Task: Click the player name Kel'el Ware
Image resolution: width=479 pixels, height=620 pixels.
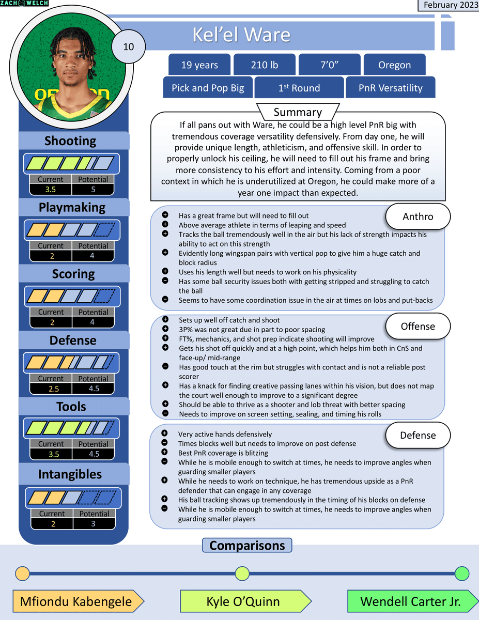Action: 241,35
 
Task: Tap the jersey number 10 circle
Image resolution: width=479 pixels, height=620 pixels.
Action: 129,47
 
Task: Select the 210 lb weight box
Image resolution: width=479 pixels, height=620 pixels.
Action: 264,65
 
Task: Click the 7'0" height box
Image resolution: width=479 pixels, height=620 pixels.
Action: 329,65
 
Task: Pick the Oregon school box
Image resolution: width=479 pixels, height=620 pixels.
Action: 394,65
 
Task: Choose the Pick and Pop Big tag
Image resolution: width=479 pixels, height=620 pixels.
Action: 208,88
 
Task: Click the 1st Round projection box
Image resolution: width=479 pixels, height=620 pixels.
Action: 299,88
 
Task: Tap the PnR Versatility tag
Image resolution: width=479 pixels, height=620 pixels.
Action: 390,88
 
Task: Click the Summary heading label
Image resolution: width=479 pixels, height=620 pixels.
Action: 297,112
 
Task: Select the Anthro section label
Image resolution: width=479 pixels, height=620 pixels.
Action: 418,217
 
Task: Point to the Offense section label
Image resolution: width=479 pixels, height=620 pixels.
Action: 418,327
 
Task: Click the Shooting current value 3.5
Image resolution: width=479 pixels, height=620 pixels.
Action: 51,190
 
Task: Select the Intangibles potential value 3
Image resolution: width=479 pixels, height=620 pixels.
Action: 93,523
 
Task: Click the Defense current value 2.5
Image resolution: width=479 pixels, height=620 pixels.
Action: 51,389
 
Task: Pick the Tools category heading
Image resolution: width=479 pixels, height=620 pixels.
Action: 71,407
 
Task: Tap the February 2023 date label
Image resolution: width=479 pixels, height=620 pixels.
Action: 447,5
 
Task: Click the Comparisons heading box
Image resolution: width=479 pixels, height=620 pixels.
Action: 247,546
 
